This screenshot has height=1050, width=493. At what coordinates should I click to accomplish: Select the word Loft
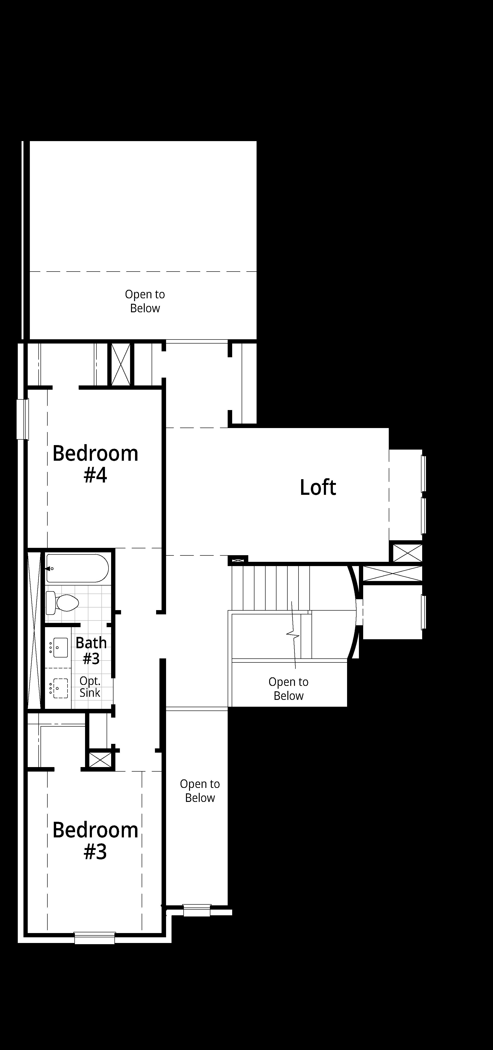[318, 487]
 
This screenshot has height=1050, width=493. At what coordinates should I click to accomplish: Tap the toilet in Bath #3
[62, 603]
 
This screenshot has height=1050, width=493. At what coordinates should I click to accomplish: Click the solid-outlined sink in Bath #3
[60, 648]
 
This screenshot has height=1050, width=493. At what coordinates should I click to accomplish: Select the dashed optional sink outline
[60, 688]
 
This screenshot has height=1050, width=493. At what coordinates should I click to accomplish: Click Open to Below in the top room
[145, 301]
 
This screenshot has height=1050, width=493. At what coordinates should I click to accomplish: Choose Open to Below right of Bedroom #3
[200, 791]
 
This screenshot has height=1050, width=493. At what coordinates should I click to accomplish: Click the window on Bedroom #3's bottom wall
[95, 938]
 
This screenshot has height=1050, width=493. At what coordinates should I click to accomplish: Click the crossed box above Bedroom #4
[121, 364]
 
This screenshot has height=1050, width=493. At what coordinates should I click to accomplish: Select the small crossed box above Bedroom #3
[100, 759]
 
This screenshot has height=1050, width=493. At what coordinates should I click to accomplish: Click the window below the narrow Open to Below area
[197, 910]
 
